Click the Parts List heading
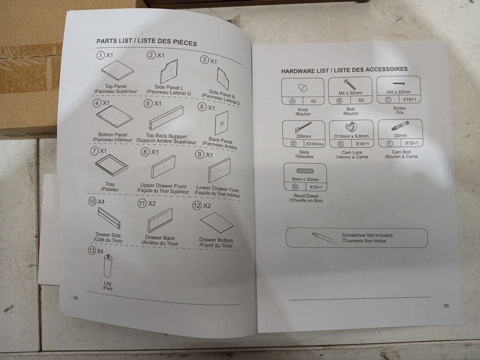[x=146, y=41]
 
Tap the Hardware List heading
[x=344, y=70]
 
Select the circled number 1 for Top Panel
[x=100, y=55]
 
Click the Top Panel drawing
[x=117, y=70]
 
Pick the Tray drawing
[x=111, y=165]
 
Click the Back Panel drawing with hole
[x=221, y=123]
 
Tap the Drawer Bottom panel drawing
[x=216, y=222]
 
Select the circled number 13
[x=92, y=250]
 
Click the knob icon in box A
[x=302, y=87]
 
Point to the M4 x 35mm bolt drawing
[x=350, y=85]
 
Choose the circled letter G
[x=295, y=186]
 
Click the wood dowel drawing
[x=305, y=171]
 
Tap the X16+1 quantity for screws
[x=409, y=99]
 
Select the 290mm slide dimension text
[x=303, y=136]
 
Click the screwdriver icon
[x=322, y=237]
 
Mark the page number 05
[x=446, y=306]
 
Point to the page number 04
[x=75, y=298]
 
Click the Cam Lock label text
[x=351, y=152]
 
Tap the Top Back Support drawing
[x=166, y=117]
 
